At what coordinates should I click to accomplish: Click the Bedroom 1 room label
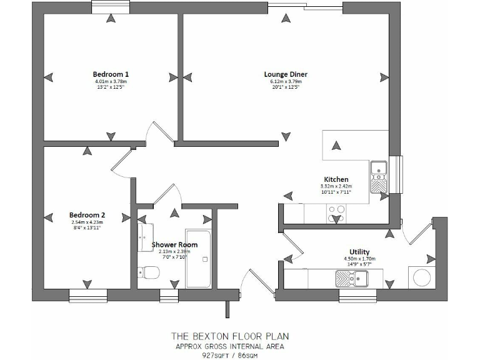coord(111,74)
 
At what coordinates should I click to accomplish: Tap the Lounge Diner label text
coord(286,74)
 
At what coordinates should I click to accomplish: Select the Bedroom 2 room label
coord(86,214)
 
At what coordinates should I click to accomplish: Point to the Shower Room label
coord(174,244)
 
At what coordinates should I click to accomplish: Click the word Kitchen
coord(336,179)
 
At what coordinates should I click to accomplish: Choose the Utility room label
coord(359,252)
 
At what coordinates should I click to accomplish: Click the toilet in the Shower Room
coord(149,272)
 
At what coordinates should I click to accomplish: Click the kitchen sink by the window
coord(379,176)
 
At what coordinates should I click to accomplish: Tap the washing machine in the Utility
coord(418,277)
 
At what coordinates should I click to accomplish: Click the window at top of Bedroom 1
coord(111,7)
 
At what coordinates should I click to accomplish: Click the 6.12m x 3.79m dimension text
coord(286,81)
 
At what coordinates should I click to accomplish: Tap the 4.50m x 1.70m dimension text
coord(359,259)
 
